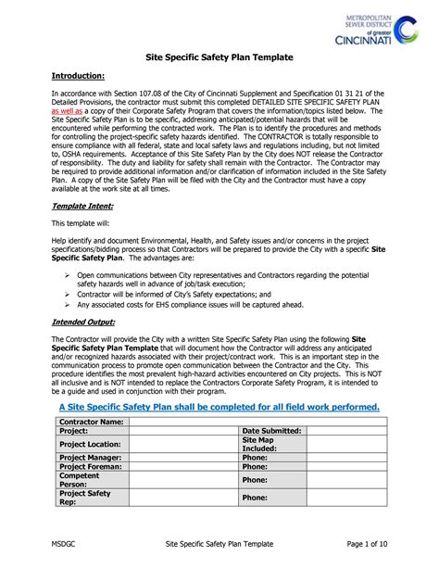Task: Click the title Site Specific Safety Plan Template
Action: (x=219, y=57)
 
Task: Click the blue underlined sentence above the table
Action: (x=219, y=407)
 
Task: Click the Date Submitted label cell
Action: (x=271, y=431)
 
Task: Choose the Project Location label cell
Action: (x=90, y=445)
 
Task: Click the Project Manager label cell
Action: (x=90, y=458)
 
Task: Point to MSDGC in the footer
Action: (x=63, y=541)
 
